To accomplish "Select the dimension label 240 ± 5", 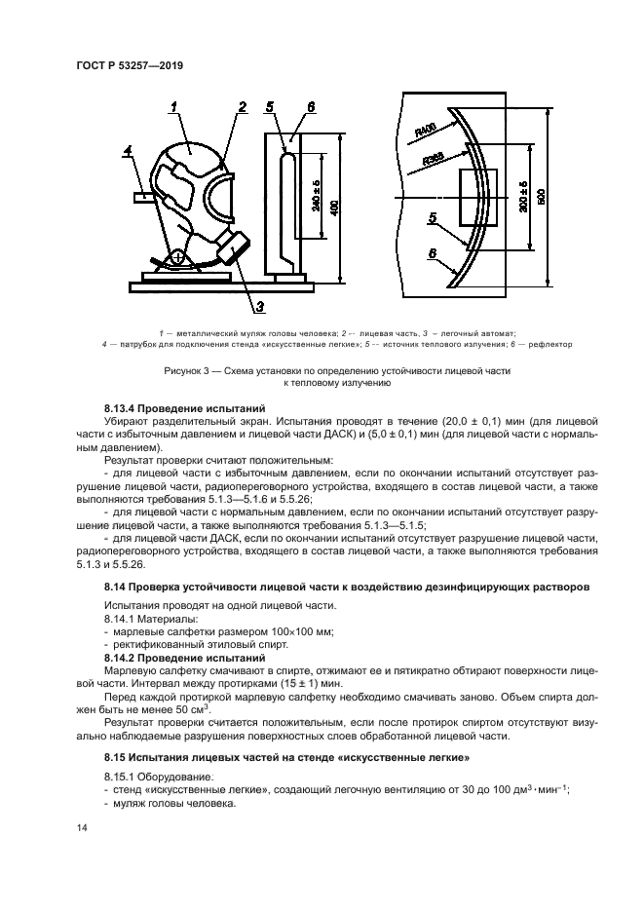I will coord(316,195).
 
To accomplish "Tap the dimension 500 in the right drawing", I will coord(541,196).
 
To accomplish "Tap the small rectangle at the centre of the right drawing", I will coord(477,197).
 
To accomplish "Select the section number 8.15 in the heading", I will coord(118,756).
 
